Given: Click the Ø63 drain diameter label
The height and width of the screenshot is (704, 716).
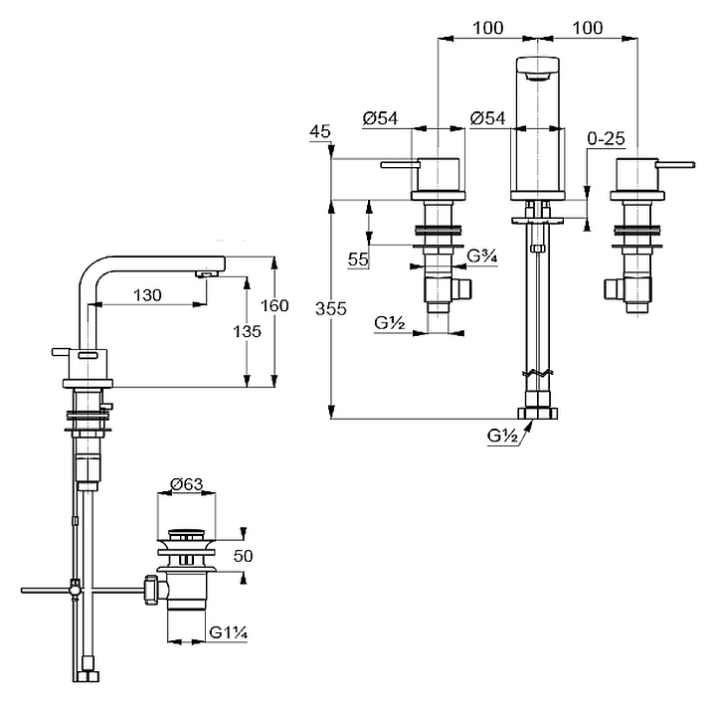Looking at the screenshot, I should (x=187, y=484).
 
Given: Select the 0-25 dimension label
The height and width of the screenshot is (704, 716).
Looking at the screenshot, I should (x=605, y=141).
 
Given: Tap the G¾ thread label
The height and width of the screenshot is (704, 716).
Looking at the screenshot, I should (x=482, y=256).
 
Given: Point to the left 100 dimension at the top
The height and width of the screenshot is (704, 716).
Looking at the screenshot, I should (x=487, y=28).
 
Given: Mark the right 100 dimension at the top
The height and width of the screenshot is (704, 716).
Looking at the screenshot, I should (x=588, y=28).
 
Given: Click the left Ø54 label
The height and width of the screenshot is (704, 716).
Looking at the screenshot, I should (x=381, y=118).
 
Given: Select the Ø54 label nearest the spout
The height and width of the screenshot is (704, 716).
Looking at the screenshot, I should (x=488, y=118).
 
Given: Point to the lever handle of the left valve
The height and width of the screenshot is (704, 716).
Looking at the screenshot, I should (x=398, y=165).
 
